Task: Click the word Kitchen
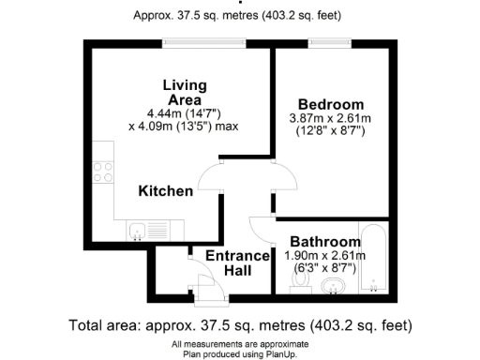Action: [x=166, y=191]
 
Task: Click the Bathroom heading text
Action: [x=324, y=242]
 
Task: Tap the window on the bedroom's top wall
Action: [x=326, y=40]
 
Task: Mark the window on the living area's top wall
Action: [x=193, y=40]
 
